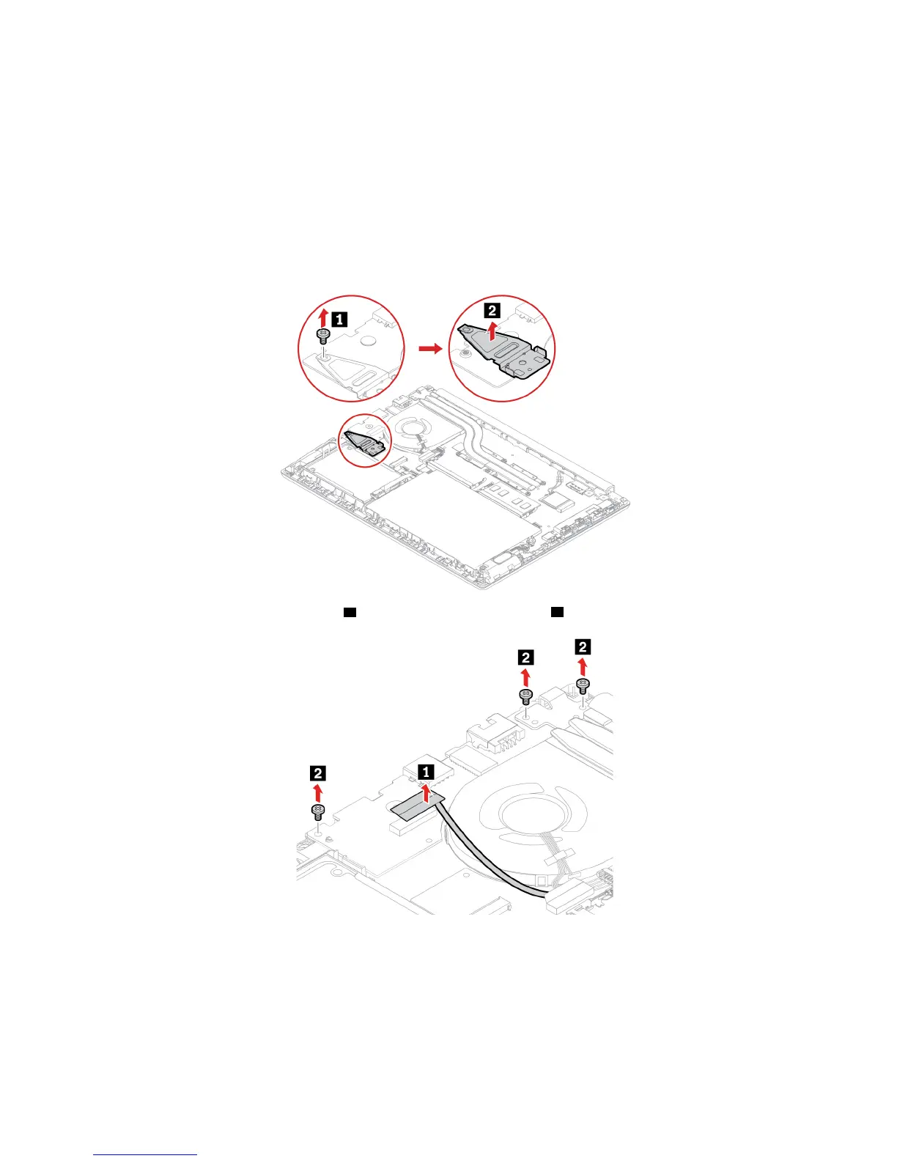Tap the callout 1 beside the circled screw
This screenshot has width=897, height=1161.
339,319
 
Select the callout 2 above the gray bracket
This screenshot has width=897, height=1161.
492,310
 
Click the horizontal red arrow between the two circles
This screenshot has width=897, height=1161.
430,349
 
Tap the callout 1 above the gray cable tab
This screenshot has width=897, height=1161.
425,771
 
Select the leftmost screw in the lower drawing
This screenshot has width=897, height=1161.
318,811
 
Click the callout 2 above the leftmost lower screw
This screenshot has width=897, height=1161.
317,773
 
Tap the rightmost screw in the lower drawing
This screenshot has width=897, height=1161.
583,686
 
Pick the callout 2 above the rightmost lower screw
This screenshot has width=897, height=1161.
583,646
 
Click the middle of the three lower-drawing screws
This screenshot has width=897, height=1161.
525,696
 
